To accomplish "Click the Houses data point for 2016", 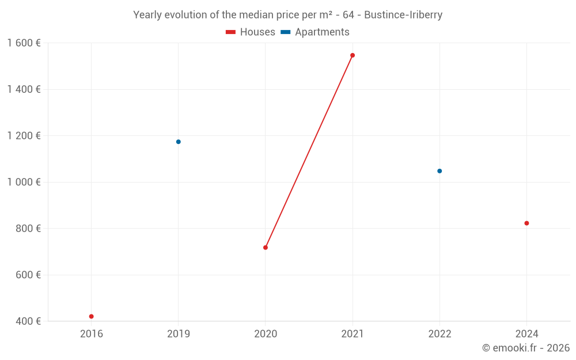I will tap(91, 316).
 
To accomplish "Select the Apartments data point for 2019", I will tap(179, 142).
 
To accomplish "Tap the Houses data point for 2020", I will tap(266, 248).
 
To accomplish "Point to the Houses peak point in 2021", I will tap(353, 55).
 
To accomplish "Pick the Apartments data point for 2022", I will tap(439, 171).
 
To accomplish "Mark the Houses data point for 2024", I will tap(526, 223).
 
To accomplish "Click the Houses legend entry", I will tap(251, 32).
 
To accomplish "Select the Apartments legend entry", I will tap(315, 32).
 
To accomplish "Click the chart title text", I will tap(288, 15).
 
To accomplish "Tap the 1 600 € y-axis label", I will tap(24, 43).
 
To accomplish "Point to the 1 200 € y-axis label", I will tap(24, 136).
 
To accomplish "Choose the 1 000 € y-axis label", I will tap(24, 182).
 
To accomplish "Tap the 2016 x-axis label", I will tap(91, 334).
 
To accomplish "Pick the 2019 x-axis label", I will tap(179, 334).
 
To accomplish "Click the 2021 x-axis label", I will tap(353, 334).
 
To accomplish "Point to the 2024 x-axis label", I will tap(526, 334).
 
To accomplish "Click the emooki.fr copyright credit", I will tap(526, 348).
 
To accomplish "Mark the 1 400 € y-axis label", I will tap(24, 89).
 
